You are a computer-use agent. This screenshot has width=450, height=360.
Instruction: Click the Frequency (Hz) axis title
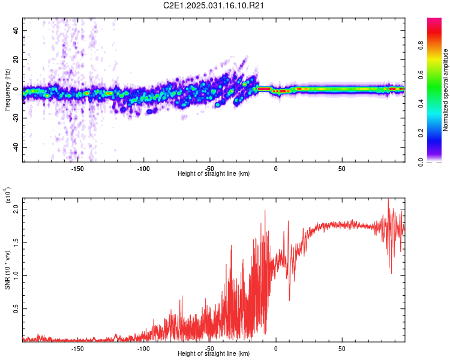7,90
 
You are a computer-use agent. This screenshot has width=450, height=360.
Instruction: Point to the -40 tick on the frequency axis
15,147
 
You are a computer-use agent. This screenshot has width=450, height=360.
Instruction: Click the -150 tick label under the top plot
77,168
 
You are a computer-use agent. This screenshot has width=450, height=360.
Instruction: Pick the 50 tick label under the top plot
341,168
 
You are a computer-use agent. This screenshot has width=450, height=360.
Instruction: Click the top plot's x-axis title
214,174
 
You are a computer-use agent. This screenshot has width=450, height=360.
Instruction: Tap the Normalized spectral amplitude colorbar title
446,90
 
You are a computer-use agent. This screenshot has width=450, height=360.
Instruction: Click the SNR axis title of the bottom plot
7,268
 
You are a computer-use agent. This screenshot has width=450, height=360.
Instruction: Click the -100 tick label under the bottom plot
143,348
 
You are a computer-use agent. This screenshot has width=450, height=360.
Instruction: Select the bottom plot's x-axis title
214,354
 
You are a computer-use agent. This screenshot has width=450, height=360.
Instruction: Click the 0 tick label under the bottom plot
276,348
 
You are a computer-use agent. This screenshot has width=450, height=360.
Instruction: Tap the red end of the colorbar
434,23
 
